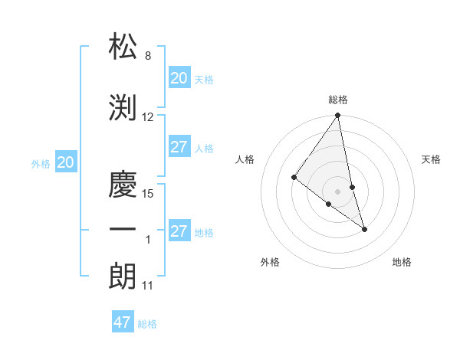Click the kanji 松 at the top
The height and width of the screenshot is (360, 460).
click(x=123, y=47)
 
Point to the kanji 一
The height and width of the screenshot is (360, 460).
click(x=123, y=231)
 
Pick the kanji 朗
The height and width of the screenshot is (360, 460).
click(x=123, y=275)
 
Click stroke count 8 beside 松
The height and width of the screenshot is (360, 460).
click(x=147, y=56)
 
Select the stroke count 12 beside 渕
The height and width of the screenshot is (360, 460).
click(x=148, y=117)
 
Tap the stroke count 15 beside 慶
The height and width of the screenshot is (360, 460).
click(x=148, y=193)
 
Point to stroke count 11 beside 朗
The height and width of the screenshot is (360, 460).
click(x=148, y=286)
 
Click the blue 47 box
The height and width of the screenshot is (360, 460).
click(x=123, y=322)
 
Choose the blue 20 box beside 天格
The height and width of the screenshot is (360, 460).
click(x=179, y=78)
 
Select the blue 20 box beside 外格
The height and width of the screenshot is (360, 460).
click(x=65, y=162)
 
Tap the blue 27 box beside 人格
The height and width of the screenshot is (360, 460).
click(x=179, y=147)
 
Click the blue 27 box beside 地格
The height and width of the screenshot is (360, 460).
click(x=179, y=231)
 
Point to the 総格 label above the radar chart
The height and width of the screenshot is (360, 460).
click(x=337, y=100)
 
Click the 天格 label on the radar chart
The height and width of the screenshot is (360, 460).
click(x=431, y=159)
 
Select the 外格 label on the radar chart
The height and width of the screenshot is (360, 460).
click(x=270, y=262)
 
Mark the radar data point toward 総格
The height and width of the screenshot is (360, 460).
click(x=337, y=116)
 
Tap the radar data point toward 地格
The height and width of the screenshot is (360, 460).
click(x=364, y=228)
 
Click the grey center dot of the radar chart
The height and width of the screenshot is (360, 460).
click(x=337, y=191)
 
